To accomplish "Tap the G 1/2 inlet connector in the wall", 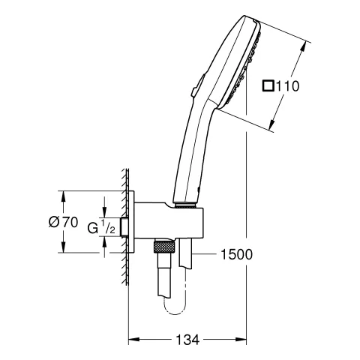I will click(x=131, y=223).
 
